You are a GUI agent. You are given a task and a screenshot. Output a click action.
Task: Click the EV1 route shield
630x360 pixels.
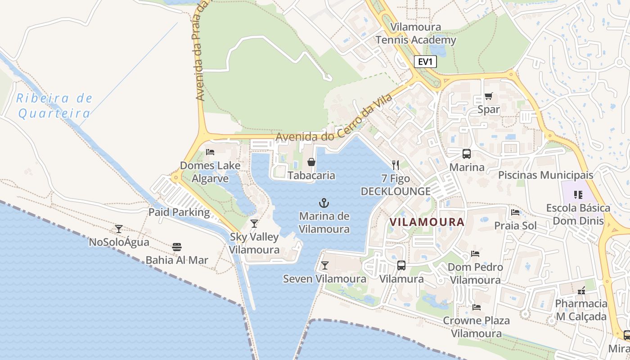pos(425,62)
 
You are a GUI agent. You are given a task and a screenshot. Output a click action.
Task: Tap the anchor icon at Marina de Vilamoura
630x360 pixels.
pos(324,202)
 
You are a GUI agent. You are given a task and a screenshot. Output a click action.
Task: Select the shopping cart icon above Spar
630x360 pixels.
pos(488,96)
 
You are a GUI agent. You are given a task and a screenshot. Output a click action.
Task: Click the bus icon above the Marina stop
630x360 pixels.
pos(467,154)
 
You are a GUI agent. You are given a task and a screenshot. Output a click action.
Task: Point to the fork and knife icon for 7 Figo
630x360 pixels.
pos(396,165)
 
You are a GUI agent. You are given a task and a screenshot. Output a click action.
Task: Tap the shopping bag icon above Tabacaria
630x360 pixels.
pos(311,162)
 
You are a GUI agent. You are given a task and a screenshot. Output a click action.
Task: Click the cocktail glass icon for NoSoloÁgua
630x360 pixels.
pos(118,229)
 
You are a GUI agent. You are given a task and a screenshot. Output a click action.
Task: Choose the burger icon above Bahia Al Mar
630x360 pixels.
pos(176,247)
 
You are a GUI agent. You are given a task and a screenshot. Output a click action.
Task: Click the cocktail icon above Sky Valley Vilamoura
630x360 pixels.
pos(254,223)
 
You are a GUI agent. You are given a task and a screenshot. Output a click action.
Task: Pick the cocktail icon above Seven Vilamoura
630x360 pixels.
pos(324,265)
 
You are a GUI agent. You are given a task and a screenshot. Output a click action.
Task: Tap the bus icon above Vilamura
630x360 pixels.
pos(401,265)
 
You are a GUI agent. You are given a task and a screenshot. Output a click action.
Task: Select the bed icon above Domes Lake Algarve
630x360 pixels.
pos(210,152)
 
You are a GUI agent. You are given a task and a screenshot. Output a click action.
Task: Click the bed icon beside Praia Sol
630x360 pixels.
pos(515,212)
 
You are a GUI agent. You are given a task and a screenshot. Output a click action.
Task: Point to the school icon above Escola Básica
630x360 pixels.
pos(578,195)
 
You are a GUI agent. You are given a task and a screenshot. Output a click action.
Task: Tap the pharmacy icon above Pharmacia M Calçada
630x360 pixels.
pos(581,290)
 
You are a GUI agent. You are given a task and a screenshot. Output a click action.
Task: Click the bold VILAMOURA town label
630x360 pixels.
pos(427,222)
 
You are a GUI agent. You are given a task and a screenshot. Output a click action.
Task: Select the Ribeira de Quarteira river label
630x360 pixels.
pos(54,106)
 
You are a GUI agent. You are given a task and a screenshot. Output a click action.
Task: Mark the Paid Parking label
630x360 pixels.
pos(179,212)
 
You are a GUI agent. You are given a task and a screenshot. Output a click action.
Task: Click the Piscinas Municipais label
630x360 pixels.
pos(545,175)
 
